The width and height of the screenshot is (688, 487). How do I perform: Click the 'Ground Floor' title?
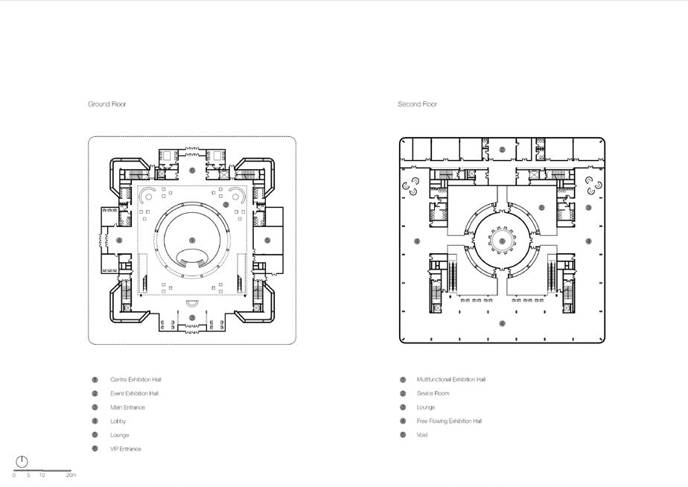[x=107, y=104]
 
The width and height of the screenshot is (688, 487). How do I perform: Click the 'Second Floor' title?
[x=417, y=104]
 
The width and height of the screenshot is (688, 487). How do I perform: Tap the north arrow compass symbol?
[x=22, y=462]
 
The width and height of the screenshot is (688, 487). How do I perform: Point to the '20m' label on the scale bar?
[x=71, y=475]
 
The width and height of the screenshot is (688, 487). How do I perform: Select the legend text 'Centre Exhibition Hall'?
[x=136, y=380]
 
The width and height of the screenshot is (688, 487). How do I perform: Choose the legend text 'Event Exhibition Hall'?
[x=134, y=393]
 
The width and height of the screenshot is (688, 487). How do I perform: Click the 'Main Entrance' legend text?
[x=127, y=407]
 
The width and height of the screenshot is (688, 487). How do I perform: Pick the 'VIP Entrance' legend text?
[x=125, y=449]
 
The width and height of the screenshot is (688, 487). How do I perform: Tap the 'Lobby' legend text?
[x=118, y=421]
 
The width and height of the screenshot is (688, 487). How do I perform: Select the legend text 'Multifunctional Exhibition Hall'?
[x=451, y=380]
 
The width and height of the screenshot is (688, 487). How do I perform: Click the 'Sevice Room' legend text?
[x=433, y=393]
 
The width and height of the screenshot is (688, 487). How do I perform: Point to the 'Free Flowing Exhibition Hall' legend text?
[x=449, y=421]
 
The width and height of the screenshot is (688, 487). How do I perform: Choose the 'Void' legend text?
[x=422, y=435]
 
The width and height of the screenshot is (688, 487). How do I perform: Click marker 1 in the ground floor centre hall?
[x=192, y=241]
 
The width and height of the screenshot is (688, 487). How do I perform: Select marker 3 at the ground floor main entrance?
[x=192, y=318]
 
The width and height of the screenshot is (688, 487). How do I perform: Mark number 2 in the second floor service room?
[x=503, y=150]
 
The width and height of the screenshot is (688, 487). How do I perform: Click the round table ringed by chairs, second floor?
[x=502, y=241]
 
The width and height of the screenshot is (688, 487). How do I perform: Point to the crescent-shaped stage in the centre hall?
[x=193, y=257]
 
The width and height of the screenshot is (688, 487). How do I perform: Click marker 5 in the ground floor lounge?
[x=267, y=241]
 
